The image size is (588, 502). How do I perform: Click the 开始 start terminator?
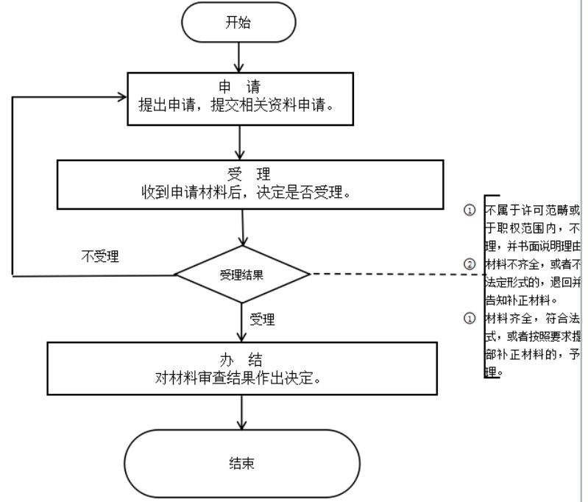click(237, 22)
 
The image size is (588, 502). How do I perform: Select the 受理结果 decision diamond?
click(242, 275)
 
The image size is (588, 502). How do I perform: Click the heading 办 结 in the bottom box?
click(241, 359)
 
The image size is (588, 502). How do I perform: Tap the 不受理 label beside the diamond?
click(100, 257)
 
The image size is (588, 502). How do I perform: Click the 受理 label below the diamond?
click(262, 319)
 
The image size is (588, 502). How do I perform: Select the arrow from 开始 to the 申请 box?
click(238, 56)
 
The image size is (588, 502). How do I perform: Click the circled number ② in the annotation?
click(470, 264)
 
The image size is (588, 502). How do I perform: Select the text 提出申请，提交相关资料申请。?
click(237, 105)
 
